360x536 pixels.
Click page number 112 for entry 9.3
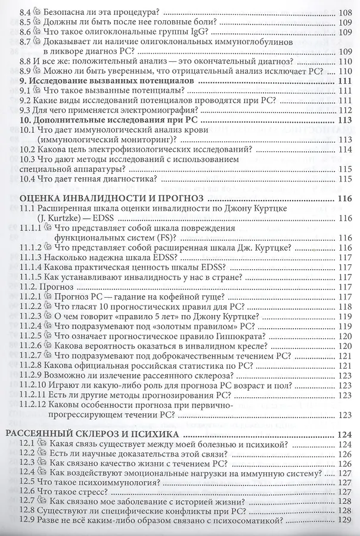[346, 110]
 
